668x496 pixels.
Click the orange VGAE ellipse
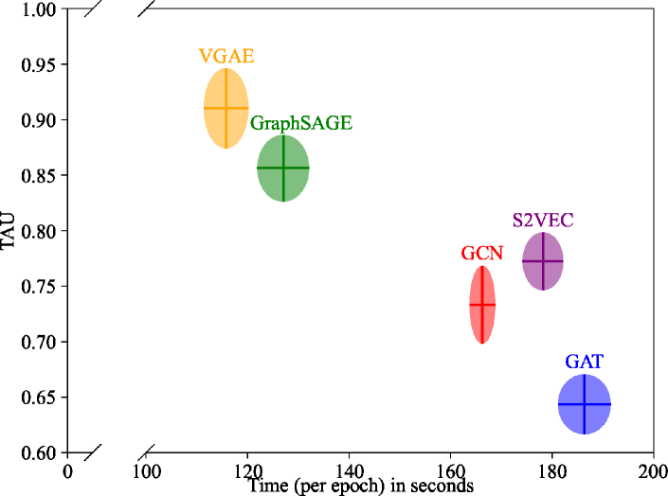226,108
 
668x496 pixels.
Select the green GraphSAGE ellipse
283,168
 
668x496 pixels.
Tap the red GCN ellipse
482,305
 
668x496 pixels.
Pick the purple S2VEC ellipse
543,261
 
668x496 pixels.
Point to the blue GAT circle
585,404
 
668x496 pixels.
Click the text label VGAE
226,56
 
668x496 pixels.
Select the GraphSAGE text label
301,124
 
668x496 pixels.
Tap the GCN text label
482,254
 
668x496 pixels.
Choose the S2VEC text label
543,221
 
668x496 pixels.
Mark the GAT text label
585,362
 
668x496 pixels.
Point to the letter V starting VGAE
206,56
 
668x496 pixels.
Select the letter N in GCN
496,254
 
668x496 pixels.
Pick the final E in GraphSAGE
346,124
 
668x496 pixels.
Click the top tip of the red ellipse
482,266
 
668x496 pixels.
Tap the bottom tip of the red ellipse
482,344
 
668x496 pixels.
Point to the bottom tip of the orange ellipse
226,149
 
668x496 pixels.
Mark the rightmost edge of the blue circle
610,404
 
